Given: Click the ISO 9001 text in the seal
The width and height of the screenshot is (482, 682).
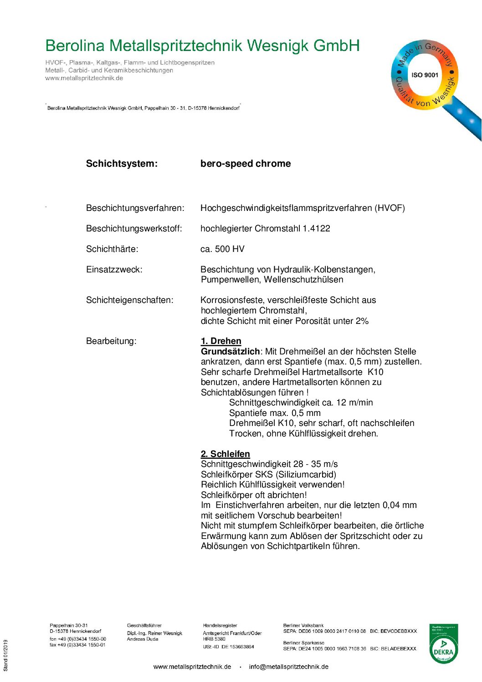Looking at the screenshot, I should pyautogui.click(x=425, y=75).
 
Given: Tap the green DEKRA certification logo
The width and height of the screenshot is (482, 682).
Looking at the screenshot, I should pyautogui.click(x=443, y=643).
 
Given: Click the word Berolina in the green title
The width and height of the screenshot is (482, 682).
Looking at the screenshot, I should pyautogui.click(x=75, y=46).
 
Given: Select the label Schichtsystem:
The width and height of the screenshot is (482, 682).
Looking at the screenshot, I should pyautogui.click(x=122, y=164).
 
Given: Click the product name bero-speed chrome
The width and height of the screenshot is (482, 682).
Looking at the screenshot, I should pyautogui.click(x=245, y=164).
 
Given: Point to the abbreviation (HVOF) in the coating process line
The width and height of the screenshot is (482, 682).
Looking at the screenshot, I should pyautogui.click(x=390, y=208).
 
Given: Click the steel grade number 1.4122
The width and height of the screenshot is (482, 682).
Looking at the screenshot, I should pyautogui.click(x=316, y=228).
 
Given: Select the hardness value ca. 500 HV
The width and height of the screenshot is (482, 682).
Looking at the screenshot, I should pyautogui.click(x=222, y=249).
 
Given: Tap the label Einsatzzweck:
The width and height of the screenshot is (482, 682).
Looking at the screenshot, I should pyautogui.click(x=114, y=269).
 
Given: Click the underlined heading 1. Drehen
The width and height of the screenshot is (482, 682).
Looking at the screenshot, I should pyautogui.click(x=221, y=341).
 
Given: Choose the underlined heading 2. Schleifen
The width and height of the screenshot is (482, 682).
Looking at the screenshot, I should pyautogui.click(x=225, y=454).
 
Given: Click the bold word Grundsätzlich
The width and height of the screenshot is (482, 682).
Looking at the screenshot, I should pyautogui.click(x=230, y=351).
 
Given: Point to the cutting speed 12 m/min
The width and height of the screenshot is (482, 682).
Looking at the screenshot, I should pyautogui.click(x=354, y=403).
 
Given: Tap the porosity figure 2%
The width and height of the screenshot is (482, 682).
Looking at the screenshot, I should pyautogui.click(x=362, y=321).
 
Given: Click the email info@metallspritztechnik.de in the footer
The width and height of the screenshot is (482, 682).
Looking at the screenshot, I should pyautogui.click(x=288, y=667).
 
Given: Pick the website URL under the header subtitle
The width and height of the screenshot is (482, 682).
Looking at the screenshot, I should pyautogui.click(x=84, y=78).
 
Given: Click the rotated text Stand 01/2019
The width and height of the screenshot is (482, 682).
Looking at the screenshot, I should pyautogui.click(x=5, y=655).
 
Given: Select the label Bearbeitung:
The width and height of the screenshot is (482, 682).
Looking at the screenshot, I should pyautogui.click(x=111, y=341).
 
